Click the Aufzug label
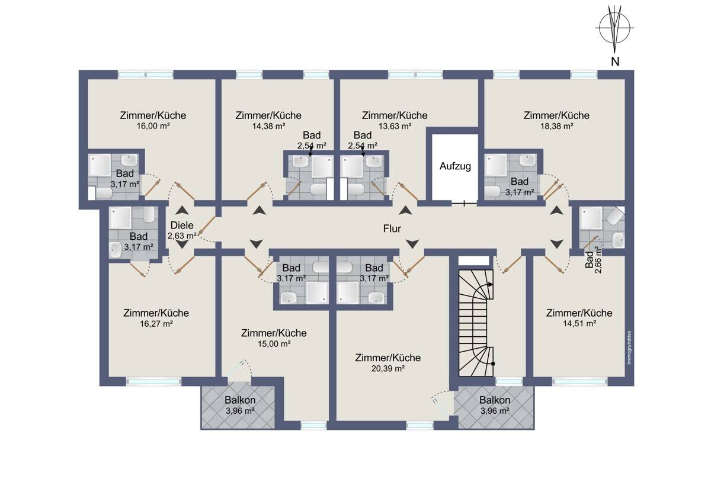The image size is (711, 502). coord(455,166)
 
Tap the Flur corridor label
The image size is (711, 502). coord(392,229)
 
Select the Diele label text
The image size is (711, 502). coord(182,225)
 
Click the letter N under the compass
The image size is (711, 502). coord(615,62)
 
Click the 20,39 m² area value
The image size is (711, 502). coord(388,368)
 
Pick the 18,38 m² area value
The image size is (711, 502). coord(557,126)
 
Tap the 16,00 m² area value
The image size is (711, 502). coord(153,126)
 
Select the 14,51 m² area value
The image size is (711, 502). coord(579,324)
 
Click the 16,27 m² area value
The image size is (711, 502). coord(156,324)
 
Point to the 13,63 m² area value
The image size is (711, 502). coord(395,126)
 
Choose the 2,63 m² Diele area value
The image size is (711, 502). coord(181,236)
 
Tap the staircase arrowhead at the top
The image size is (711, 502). coord(491,285)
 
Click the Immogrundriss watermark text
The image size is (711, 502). coord(630,352)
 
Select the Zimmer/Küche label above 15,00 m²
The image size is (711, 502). coord(274,333)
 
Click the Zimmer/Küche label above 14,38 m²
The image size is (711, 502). coord(268,115)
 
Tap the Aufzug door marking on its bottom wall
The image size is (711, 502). coord(464,203)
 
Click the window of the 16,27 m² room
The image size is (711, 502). coord(154,381)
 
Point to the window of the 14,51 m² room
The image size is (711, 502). coord(579,381)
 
